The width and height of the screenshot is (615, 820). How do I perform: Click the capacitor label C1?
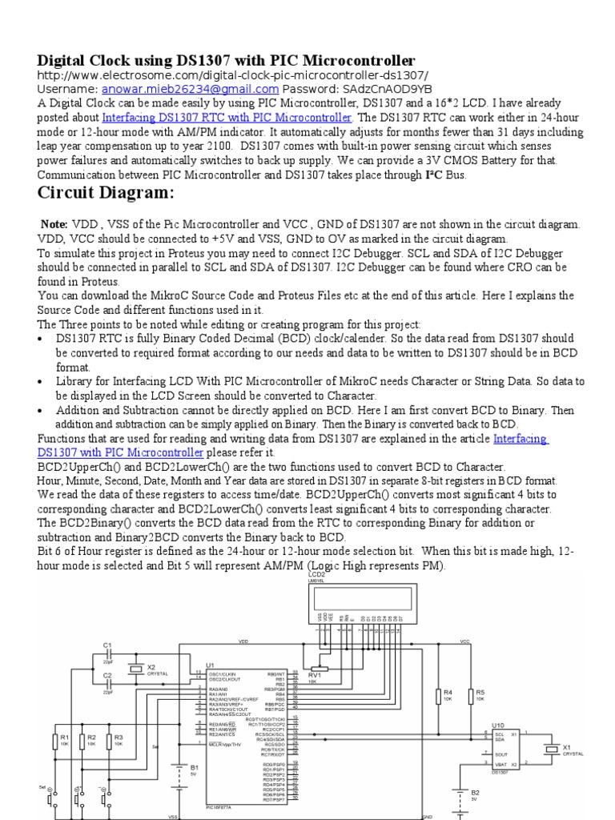(107, 645)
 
